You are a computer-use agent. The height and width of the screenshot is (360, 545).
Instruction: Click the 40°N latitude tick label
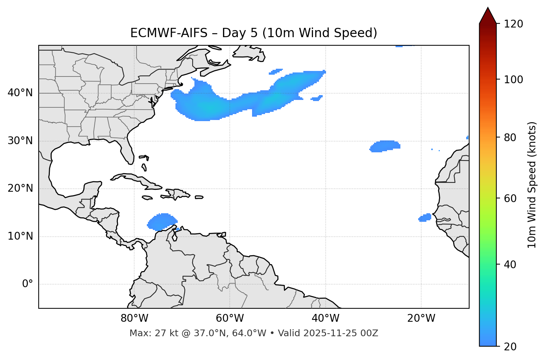[20, 93]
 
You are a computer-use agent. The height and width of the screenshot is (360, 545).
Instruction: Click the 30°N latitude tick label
[20, 141]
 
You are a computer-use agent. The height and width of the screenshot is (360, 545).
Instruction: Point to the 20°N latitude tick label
[20, 188]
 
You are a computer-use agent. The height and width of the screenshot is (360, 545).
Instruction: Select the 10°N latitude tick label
[20, 236]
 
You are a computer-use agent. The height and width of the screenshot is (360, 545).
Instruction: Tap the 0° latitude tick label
[28, 284]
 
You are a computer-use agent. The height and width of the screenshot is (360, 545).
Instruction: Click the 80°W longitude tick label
[134, 318]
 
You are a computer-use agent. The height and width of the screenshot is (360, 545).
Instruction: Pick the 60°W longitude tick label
[230, 318]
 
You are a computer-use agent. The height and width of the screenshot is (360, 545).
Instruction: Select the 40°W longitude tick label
[325, 318]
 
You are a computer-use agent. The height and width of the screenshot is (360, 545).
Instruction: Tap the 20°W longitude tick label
[421, 318]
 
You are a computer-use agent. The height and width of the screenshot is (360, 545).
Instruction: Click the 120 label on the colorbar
[514, 24]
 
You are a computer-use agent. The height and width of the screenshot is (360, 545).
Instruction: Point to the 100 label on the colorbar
[514, 80]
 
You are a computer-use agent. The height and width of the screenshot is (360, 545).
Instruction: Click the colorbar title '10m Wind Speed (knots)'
[532, 185]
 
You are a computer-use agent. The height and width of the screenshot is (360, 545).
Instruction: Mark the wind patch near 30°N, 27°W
[385, 146]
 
